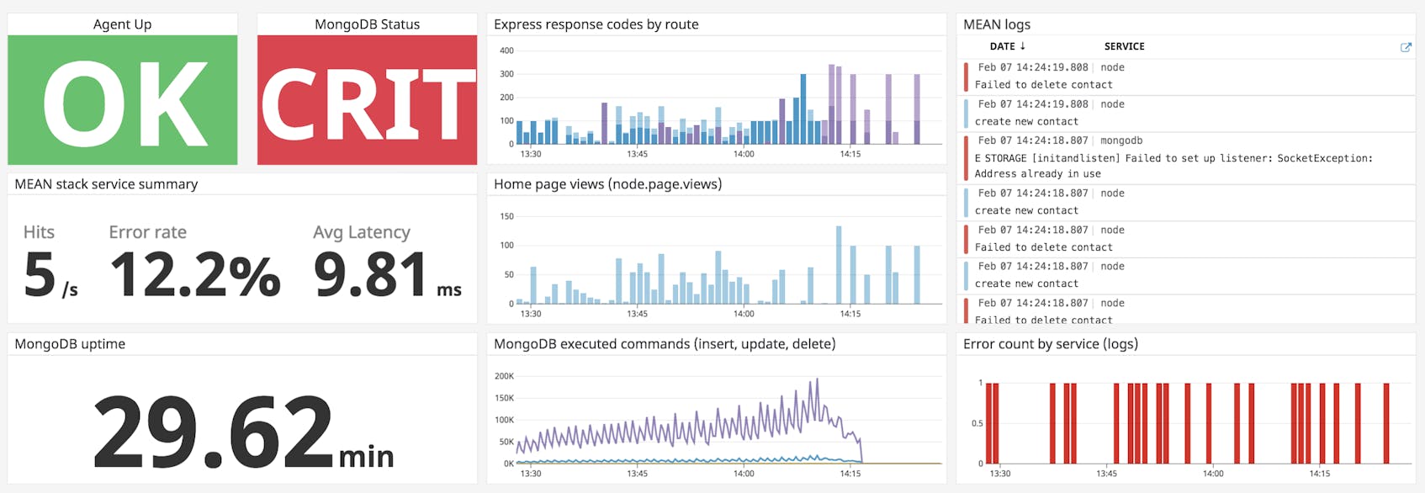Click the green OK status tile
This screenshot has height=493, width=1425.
(122, 99)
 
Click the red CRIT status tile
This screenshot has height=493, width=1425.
(367, 99)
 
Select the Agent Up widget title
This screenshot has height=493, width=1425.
(122, 24)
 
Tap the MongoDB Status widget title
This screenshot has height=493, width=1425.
(367, 24)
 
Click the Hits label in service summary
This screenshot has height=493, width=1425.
(39, 232)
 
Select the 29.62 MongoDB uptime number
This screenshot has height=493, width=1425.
(214, 432)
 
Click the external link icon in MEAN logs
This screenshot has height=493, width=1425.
(1405, 47)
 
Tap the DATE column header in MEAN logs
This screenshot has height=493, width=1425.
(1006, 46)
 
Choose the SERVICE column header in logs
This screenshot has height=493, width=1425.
(1124, 46)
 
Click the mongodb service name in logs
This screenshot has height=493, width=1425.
(1120, 140)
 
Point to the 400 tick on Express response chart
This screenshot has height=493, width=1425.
(506, 50)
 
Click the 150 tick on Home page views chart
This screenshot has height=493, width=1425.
(506, 216)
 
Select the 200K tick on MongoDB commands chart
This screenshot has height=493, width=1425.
(504, 376)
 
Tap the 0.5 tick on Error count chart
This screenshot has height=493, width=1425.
(977, 423)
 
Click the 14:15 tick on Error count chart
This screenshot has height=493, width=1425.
(1319, 474)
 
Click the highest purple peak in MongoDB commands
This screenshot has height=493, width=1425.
(817, 380)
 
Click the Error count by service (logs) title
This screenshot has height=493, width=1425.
(1050, 344)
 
